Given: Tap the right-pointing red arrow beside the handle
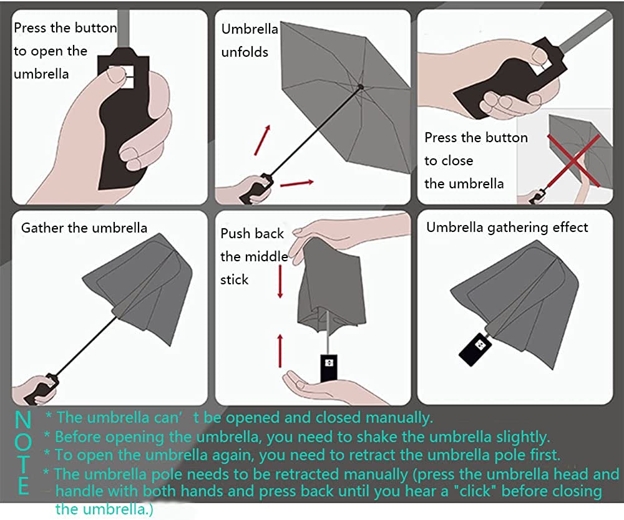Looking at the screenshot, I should pos(297,183).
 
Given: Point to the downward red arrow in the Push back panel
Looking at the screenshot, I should pos(280,280).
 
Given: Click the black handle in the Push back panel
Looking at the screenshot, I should pos(328,368).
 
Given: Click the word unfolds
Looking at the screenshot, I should pos(245,52).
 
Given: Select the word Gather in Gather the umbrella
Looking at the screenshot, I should pos(42,228).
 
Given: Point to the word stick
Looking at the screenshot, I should pos(234,280).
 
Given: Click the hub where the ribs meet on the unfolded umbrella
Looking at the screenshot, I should pos(361,87).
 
